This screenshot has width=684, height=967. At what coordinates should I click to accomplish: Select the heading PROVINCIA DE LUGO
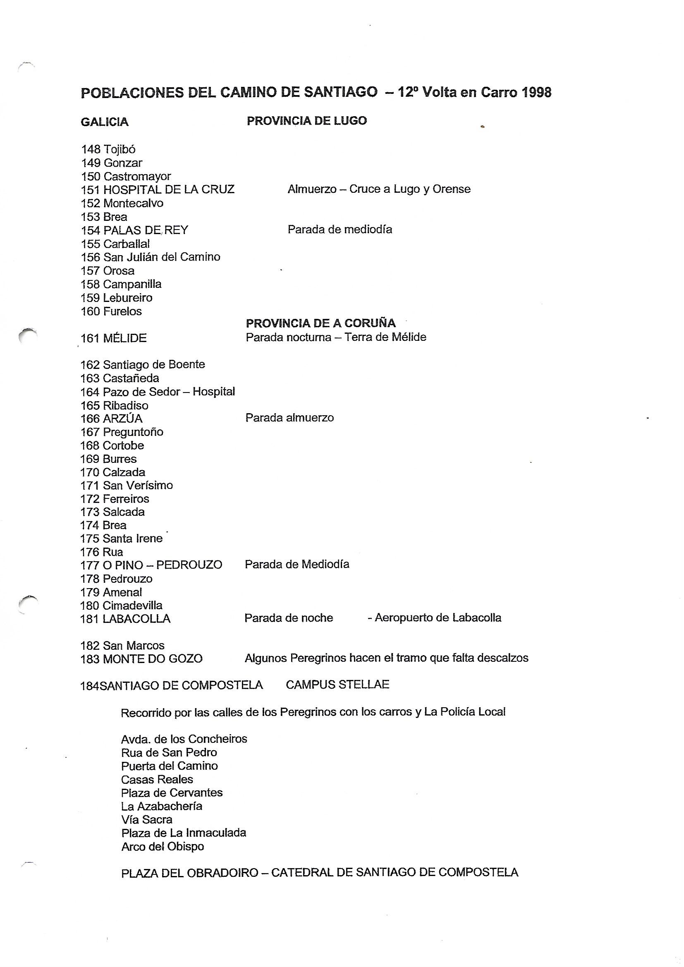point(306,121)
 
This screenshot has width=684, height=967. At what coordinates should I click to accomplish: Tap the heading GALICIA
point(105,122)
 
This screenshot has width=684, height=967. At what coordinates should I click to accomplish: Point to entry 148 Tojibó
point(108,149)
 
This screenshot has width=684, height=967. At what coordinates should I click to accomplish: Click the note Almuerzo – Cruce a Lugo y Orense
point(379,189)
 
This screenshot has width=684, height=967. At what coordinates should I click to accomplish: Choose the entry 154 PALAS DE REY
point(134,230)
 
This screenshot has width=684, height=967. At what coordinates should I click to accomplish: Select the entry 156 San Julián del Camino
point(151,257)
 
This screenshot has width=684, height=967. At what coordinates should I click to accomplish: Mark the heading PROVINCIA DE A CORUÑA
point(320,323)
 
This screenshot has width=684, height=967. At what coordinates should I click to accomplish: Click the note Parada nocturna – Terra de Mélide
point(336,337)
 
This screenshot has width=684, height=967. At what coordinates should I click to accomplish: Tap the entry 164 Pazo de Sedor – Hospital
point(158,392)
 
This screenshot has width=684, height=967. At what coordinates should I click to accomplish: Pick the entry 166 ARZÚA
point(112,419)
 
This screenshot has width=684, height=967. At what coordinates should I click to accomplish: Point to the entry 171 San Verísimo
point(127,485)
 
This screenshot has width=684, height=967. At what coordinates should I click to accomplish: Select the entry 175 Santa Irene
point(121,538)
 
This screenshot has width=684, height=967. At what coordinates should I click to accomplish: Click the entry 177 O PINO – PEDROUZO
point(151,565)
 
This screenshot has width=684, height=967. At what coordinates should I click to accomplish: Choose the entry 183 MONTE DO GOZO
point(141,658)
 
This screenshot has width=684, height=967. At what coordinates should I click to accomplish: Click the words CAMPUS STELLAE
point(337,685)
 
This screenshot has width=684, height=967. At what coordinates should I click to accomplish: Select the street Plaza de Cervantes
point(172,792)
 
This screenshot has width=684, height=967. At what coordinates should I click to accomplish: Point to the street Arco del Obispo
point(163,847)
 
